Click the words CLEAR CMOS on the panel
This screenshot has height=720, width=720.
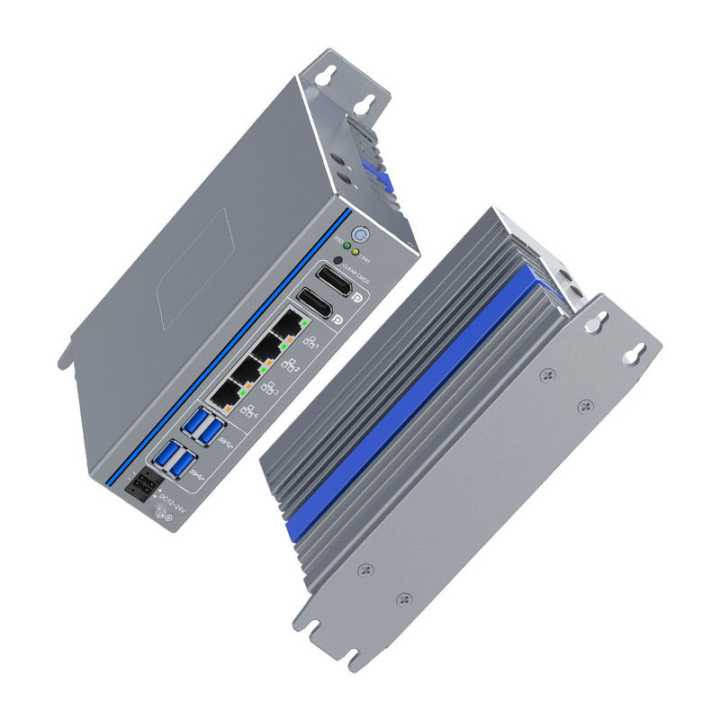coord(356,269)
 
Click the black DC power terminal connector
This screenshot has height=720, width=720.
coord(141,488)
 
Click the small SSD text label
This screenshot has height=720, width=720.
coord(338,239)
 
